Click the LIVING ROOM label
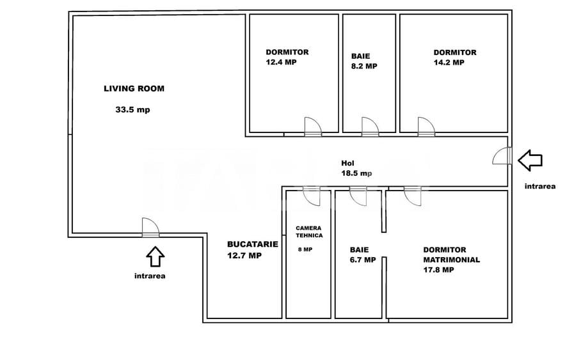point(134,89)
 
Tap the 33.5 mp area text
point(132,109)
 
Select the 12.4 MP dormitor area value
point(281,63)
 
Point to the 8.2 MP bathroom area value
point(364,66)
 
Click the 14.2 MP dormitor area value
point(449,63)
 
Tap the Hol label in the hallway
point(346,163)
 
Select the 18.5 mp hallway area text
point(356,173)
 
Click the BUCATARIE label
point(244,244)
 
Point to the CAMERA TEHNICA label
point(309,231)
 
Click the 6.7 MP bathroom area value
point(362,260)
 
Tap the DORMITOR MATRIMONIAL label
point(451,255)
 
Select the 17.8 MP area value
point(438,270)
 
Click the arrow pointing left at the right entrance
point(529,160)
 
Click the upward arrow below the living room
point(155,256)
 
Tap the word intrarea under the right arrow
point(539,187)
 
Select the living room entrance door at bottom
point(150,228)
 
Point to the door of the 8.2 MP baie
point(369,127)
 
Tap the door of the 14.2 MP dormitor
point(426,127)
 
